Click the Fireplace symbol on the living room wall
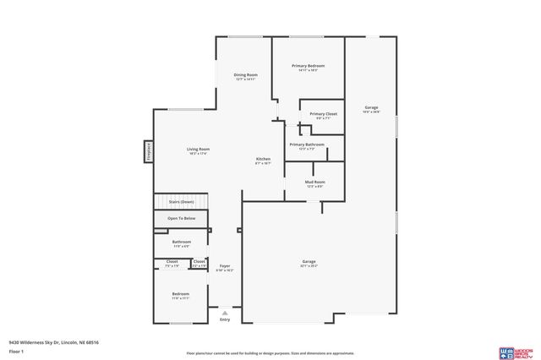148,151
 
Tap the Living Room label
198,150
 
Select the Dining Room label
246,75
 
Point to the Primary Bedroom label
309,66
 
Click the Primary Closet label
323,114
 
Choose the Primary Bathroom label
306,145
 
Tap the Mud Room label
314,182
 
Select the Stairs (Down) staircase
181,203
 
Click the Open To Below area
181,219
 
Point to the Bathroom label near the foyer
181,242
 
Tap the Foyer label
225,266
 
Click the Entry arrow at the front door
225,312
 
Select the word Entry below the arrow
225,319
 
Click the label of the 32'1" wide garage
309,262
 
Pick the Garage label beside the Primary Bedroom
371,107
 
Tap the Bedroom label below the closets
181,294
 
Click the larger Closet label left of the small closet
172,262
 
